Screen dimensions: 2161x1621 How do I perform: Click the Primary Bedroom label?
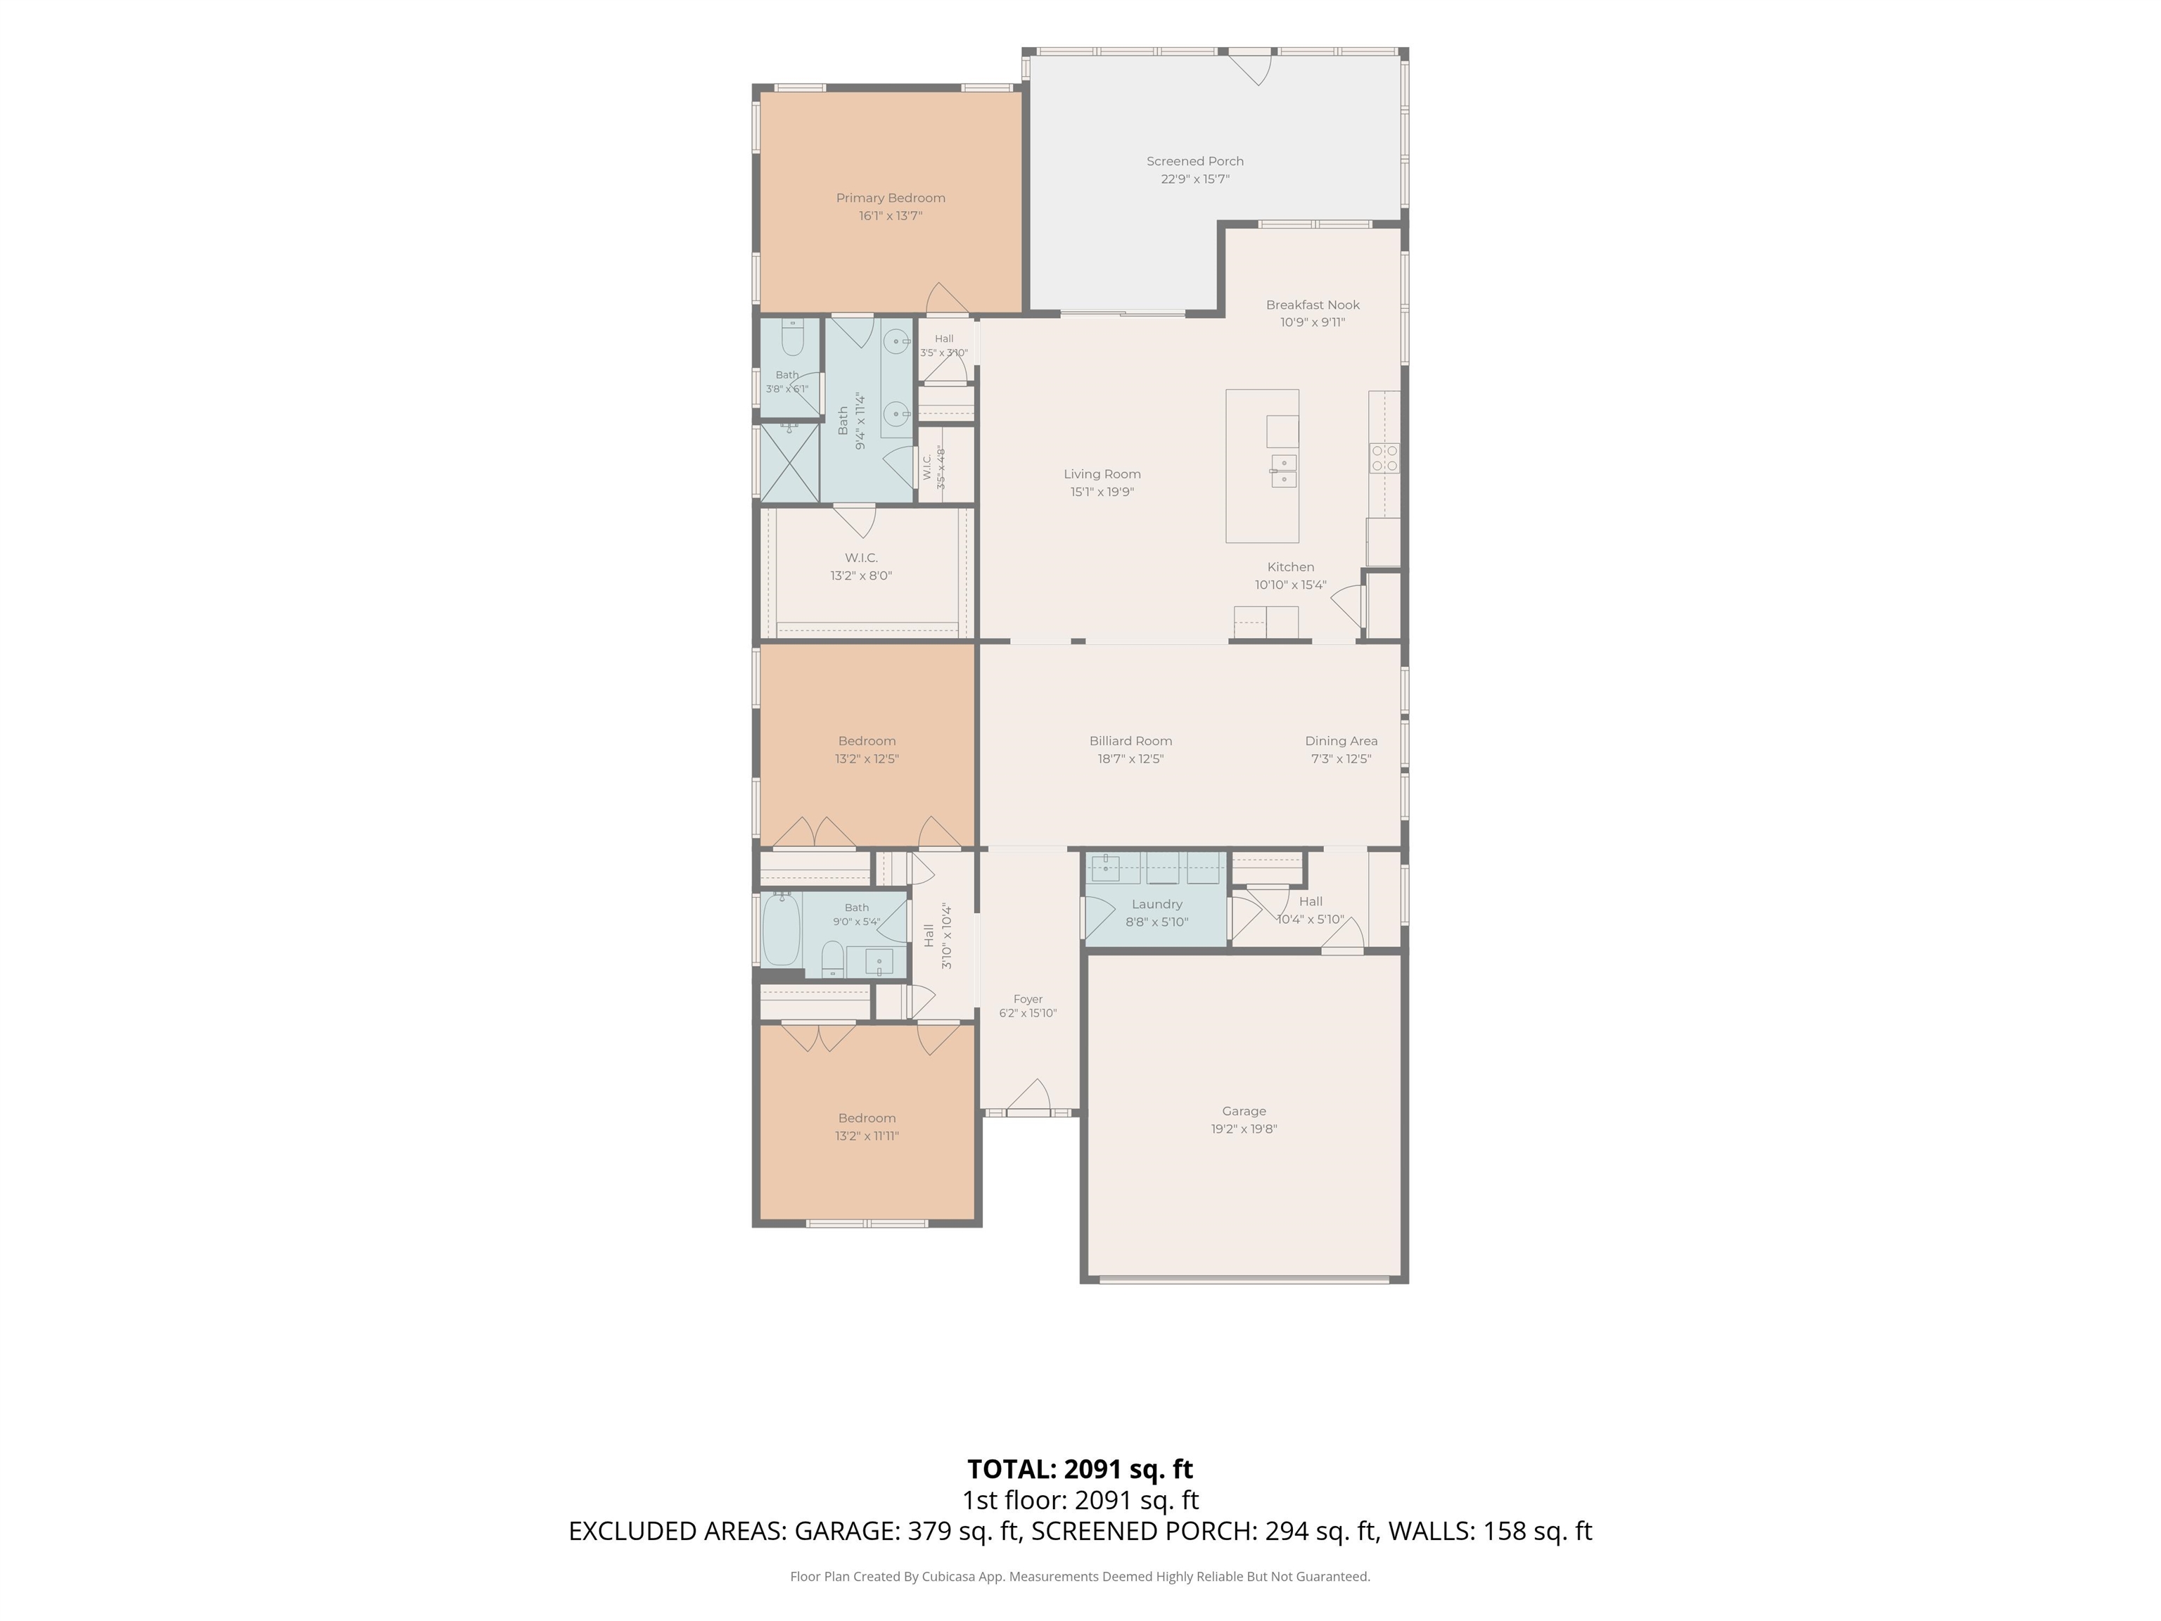pos(890,198)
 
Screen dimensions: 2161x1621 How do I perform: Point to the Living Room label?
pos(1102,475)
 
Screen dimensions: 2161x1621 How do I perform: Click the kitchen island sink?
pos(1284,471)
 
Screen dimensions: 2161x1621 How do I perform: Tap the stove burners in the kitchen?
pos(1384,458)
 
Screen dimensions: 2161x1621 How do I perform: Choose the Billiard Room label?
pos(1130,742)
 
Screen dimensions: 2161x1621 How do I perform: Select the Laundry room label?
pos(1156,905)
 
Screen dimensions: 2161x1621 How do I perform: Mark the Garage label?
pos(1244,1111)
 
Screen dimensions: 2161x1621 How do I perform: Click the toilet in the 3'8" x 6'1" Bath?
pos(792,338)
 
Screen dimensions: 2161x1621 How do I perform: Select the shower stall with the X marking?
pos(789,462)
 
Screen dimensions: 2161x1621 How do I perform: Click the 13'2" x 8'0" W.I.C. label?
pos(862,558)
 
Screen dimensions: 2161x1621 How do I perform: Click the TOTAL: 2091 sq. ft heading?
pos(1080,1468)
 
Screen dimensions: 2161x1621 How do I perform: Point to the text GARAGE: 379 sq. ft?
pos(907,1531)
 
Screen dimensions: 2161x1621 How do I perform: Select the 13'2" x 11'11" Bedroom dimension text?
pos(867,1136)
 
